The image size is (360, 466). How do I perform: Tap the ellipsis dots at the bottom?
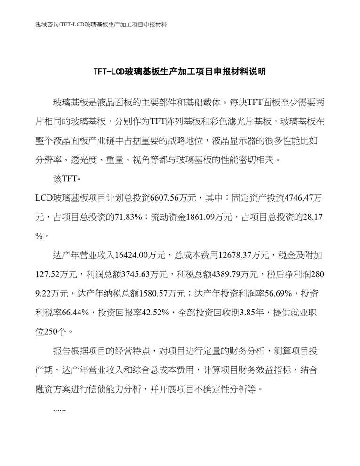(x=60, y=410)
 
